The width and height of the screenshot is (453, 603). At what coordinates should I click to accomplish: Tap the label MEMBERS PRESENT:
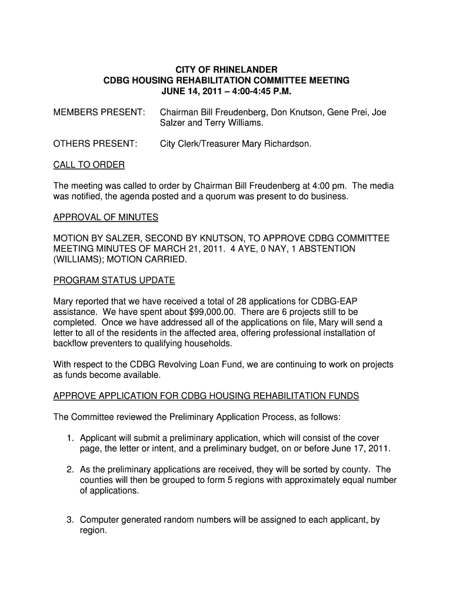[x=99, y=112]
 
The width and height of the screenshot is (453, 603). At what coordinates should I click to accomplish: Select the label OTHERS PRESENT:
[x=95, y=144]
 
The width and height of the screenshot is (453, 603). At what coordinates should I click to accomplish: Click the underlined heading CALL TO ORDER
[x=89, y=165]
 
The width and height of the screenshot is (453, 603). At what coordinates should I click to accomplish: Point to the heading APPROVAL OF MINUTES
[x=106, y=217]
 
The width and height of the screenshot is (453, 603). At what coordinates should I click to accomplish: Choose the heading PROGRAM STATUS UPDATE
[x=114, y=280]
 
